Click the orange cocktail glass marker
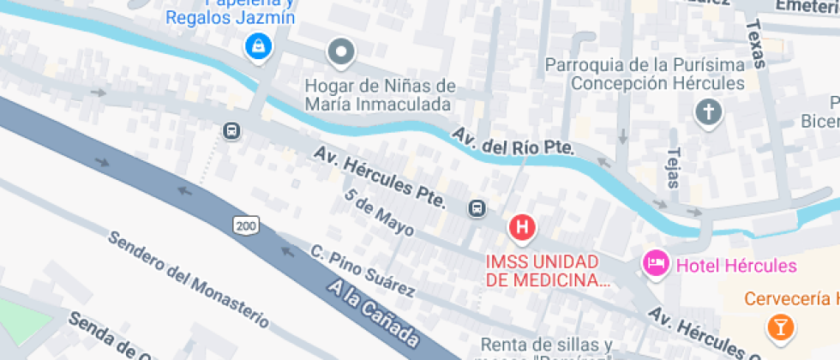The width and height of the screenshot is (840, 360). [x=780, y=327]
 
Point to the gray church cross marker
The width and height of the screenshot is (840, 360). [x=709, y=111]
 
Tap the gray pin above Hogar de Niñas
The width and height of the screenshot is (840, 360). [x=342, y=53]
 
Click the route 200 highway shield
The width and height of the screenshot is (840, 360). [x=245, y=225]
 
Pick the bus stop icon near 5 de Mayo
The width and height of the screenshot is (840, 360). [x=477, y=207]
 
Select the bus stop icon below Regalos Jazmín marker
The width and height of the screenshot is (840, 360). [x=231, y=130]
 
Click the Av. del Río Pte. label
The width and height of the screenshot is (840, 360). [x=513, y=141]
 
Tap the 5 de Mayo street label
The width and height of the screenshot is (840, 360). [x=379, y=213]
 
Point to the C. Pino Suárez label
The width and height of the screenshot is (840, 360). [x=362, y=271]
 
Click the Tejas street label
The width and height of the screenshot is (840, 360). [x=672, y=166]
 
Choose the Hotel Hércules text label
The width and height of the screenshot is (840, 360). [x=736, y=266]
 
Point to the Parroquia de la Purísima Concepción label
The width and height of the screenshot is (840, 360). [x=645, y=75]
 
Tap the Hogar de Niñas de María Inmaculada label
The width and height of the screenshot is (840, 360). [x=380, y=95]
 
